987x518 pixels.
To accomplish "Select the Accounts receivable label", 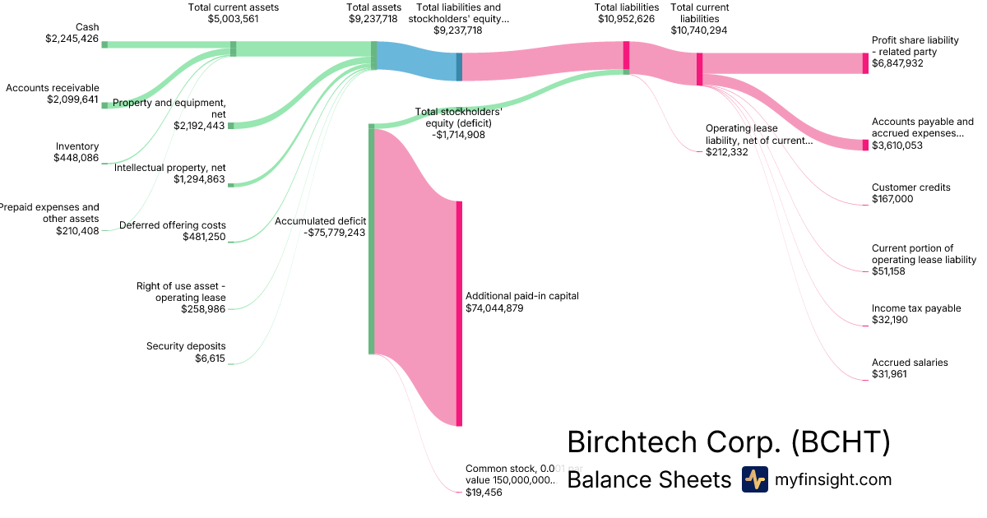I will click(x=53, y=88).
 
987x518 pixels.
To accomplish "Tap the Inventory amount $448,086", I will click(x=76, y=158).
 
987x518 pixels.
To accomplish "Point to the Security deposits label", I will click(x=186, y=346).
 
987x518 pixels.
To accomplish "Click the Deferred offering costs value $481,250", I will click(x=204, y=237).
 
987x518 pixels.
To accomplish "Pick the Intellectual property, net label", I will click(x=169, y=168).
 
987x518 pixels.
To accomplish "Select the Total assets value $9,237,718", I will click(x=374, y=19).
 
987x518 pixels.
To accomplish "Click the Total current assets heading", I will click(x=234, y=7).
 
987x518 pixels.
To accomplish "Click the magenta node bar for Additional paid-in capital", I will click(x=459, y=312).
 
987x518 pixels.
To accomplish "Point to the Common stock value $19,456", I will click(x=484, y=492).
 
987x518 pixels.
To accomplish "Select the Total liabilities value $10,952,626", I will click(x=627, y=19).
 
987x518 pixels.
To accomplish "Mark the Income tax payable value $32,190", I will click(x=890, y=320).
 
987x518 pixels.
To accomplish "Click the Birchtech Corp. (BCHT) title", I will click(x=729, y=442).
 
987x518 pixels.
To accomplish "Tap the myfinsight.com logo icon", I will click(x=755, y=479).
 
